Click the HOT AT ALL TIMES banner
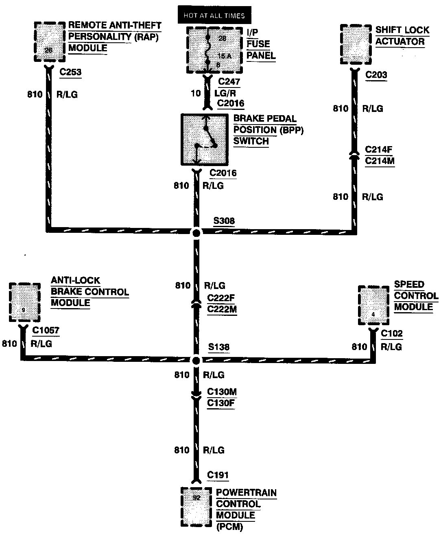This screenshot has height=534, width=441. coord(214,15)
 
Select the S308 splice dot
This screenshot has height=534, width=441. coord(196,233)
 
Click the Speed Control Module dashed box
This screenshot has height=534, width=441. coord(373,305)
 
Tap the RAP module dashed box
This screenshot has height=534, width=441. coord(49,42)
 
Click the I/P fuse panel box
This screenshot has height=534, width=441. coord(213,50)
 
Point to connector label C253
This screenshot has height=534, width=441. coord(70,72)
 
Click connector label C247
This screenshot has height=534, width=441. coord(229,81)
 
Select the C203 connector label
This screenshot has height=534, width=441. coord(376,75)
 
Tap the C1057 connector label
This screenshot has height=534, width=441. coord(46,330)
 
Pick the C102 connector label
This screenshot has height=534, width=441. coord(391,334)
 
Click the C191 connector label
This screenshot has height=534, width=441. coord(218,475)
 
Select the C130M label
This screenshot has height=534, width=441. coord(222,392)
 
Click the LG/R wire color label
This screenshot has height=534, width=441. coord(225,93)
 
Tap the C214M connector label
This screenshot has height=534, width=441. coord(380,161)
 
